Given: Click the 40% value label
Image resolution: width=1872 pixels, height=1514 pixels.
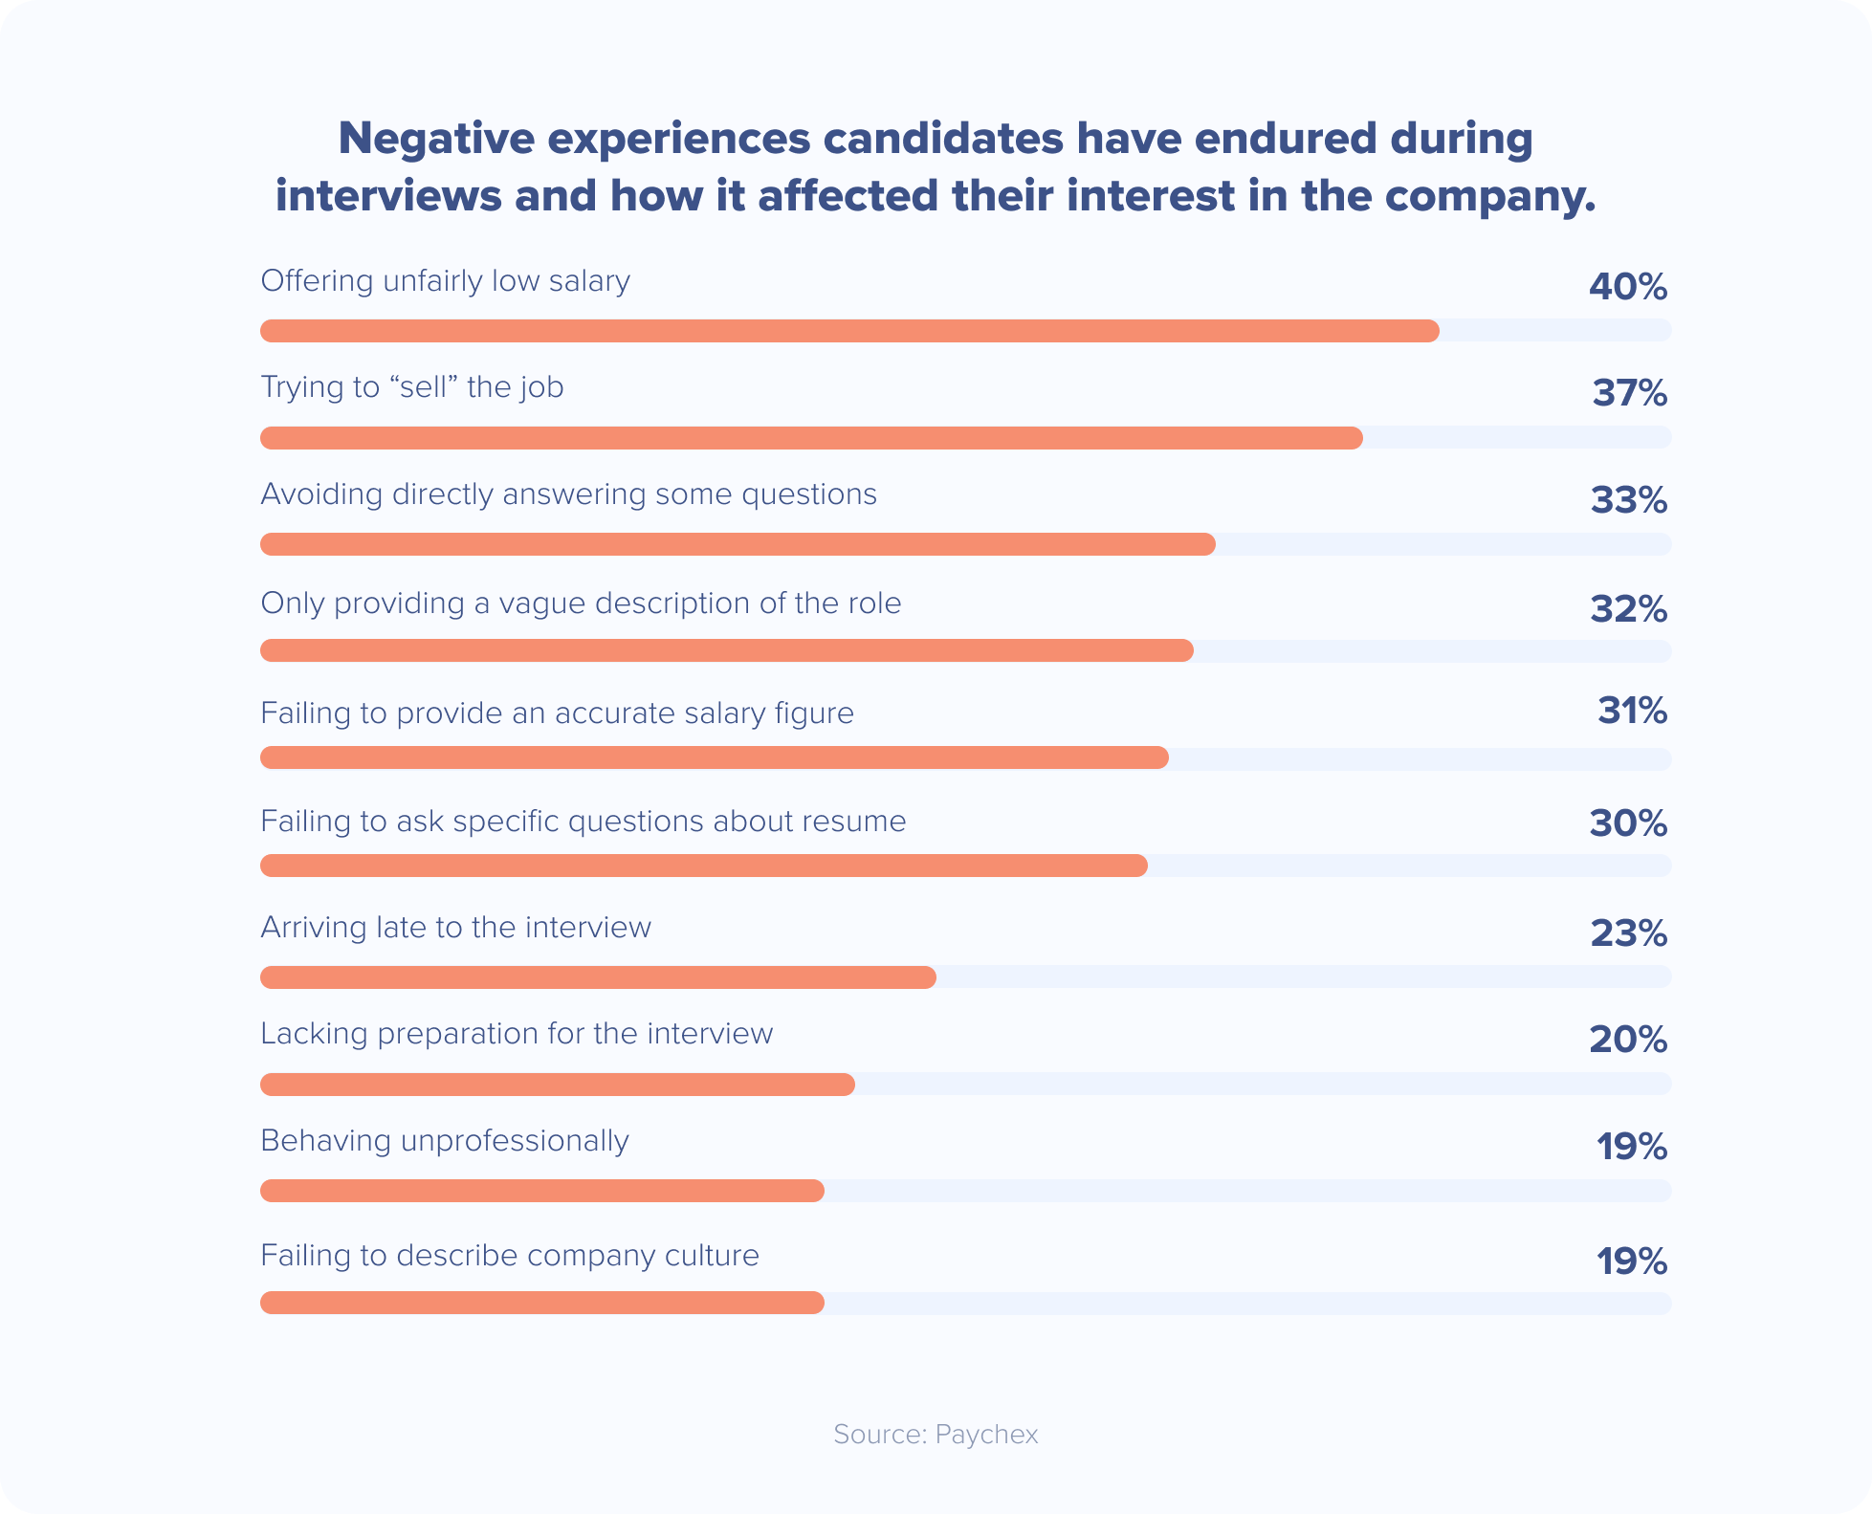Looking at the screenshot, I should tap(1627, 287).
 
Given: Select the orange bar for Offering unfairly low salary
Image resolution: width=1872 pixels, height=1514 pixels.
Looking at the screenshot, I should tap(849, 331).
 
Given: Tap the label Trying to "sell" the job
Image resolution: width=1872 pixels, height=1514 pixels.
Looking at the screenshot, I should tap(412, 387).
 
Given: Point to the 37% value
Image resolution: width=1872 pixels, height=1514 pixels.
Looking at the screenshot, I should tap(1629, 393).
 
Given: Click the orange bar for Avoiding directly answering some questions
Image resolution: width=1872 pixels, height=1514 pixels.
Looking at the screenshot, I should tap(738, 544).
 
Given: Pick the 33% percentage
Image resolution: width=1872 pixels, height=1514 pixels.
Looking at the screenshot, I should tap(1628, 500).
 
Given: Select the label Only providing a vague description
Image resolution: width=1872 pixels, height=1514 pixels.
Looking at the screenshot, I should tap(581, 603).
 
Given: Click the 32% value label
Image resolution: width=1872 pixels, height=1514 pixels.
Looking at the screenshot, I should tap(1628, 609).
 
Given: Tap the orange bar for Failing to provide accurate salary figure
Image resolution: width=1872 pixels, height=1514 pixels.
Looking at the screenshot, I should tap(715, 757).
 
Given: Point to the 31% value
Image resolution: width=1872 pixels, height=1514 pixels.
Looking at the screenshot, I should tap(1632, 711).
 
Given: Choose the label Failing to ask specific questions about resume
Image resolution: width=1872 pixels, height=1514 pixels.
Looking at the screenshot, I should tap(583, 822).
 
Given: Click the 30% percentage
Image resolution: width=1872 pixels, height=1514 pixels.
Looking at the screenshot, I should tap(1628, 823).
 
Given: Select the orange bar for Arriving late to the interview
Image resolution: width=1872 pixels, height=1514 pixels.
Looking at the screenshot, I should tap(598, 976).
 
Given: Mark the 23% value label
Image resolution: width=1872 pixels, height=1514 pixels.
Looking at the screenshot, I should tap(1628, 933).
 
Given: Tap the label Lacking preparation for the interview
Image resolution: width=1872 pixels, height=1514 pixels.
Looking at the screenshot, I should tap(517, 1034).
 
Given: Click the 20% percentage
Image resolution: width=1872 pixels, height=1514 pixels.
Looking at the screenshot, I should tap(1628, 1040).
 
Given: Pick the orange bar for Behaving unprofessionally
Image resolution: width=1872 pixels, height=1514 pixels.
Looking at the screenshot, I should tap(542, 1191).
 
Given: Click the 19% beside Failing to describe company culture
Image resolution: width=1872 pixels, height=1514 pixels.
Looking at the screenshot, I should tap(1631, 1262).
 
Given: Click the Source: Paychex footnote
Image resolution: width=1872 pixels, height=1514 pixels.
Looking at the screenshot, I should tap(936, 1434).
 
